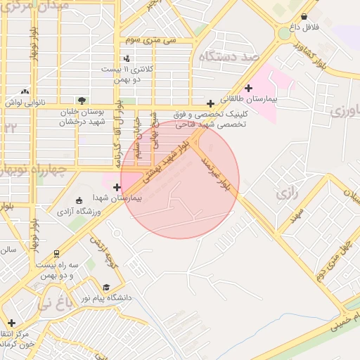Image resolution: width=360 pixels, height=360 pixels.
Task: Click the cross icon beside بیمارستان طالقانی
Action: (248, 88)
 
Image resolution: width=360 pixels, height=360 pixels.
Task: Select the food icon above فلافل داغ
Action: (303, 16)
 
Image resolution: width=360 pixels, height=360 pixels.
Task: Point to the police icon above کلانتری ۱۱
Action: (127, 58)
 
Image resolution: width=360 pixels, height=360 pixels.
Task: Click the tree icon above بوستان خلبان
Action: (82, 101)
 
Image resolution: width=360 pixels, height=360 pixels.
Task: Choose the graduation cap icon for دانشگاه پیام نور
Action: (106, 287)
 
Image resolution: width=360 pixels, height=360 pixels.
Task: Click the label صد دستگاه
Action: (230, 56)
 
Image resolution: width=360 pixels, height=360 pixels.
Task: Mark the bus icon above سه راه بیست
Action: (56, 254)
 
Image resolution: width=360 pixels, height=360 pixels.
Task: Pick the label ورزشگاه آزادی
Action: (79, 210)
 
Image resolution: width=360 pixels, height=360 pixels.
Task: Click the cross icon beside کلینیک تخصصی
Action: (210, 103)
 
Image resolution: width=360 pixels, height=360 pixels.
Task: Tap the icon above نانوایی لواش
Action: (25, 91)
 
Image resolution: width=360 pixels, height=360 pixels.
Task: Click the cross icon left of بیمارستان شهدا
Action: (117, 187)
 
